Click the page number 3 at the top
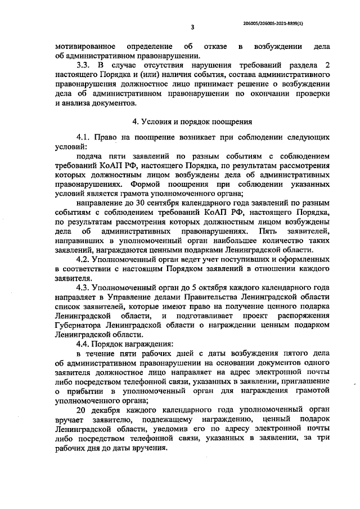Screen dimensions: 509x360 (x=192, y=27)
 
